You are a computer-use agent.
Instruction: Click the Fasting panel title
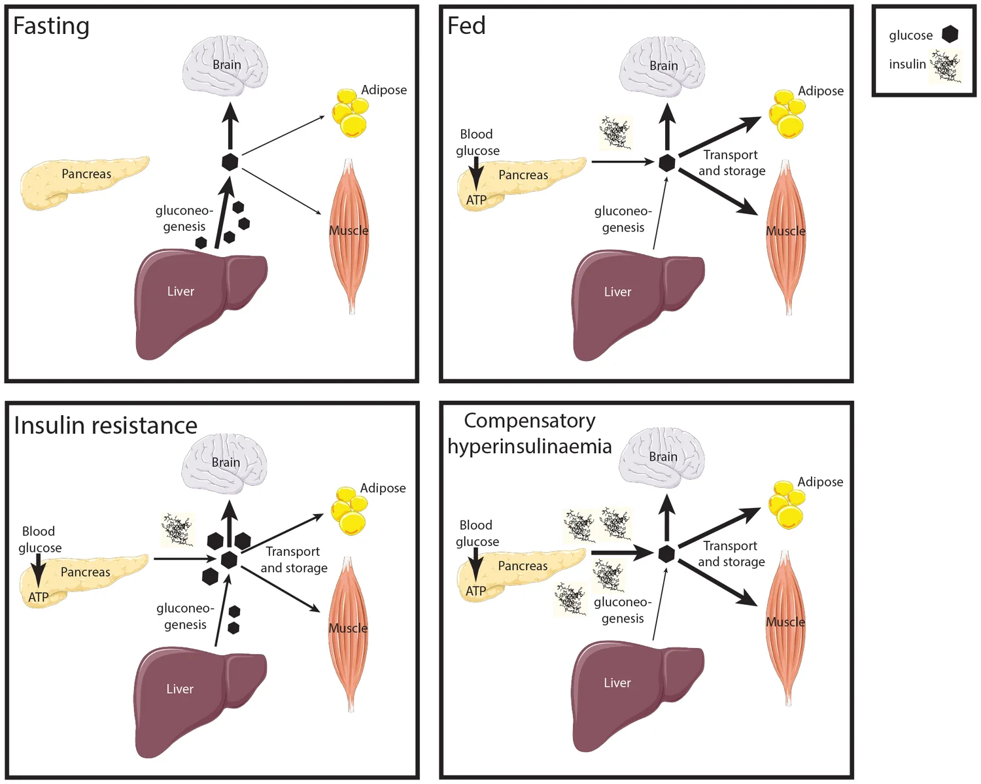click(x=51, y=26)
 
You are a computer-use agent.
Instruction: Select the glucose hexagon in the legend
click(x=950, y=35)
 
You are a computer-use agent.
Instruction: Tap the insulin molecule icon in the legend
click(x=946, y=66)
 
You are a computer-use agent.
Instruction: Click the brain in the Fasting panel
click(x=225, y=65)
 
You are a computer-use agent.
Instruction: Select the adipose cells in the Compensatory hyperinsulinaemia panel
click(x=787, y=505)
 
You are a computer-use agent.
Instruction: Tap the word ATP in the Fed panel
click(x=476, y=200)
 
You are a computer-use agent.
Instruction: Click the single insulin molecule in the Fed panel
click(x=615, y=133)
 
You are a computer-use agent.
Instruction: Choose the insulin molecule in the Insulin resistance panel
click(x=177, y=529)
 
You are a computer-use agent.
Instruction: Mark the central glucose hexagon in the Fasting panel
click(x=230, y=162)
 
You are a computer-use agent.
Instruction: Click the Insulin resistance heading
click(x=105, y=426)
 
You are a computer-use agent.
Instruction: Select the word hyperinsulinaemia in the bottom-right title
click(x=529, y=447)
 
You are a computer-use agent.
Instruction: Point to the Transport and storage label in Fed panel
click(x=731, y=163)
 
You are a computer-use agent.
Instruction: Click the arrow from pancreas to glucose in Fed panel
click(x=621, y=162)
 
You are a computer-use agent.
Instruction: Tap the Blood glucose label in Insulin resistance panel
click(x=39, y=539)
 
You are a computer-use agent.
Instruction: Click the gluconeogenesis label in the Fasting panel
click(x=184, y=218)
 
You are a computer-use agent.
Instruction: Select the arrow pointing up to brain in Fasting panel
click(x=230, y=127)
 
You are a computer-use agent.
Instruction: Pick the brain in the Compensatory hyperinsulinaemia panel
click(x=662, y=456)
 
